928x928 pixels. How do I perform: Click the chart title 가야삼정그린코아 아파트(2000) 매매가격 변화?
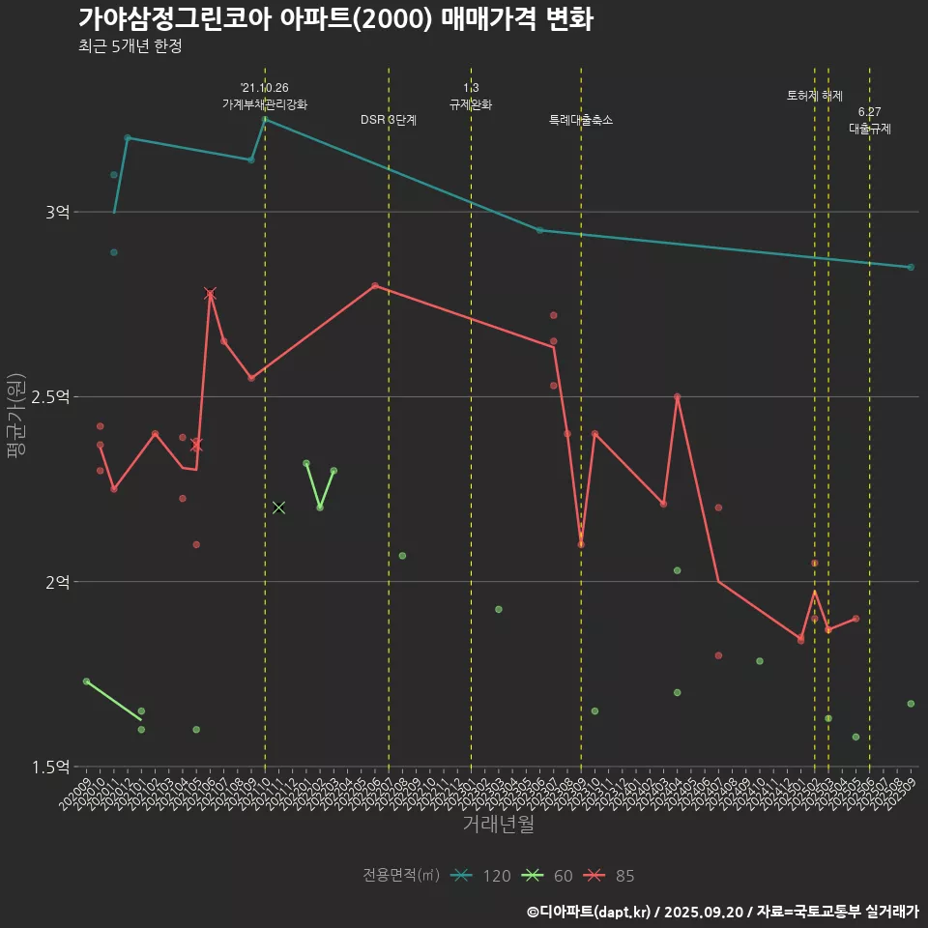335,19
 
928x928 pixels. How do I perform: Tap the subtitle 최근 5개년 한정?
130,46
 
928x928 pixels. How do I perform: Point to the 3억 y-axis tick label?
57,212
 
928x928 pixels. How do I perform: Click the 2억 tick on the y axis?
57,582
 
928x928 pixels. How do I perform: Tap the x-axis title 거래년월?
498,825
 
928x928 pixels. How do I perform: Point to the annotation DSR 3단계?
389,120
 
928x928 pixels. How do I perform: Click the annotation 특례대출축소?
581,120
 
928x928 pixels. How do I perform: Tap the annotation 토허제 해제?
815,96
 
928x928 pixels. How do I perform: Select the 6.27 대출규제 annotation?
870,120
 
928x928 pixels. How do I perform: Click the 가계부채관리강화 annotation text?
265,103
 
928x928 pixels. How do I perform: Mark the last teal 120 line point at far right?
911,267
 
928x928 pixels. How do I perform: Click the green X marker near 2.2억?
279,507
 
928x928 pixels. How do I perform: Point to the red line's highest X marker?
210,294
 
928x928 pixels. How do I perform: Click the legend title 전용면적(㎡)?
401,876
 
